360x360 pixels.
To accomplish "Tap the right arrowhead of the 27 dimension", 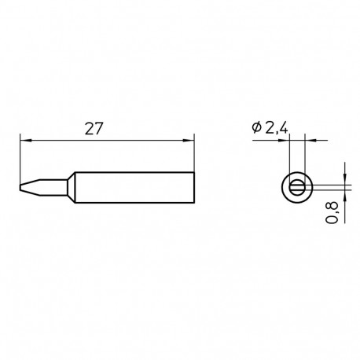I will (x=189, y=140).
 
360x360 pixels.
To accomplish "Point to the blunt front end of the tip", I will (x=20, y=187).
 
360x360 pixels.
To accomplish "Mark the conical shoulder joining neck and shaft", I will (x=72, y=187).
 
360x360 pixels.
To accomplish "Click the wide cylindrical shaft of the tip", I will (x=134, y=187).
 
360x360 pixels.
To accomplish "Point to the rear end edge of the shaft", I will (x=193, y=187).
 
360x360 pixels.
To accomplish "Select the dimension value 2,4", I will (x=275, y=127).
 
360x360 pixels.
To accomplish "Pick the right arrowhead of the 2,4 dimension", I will (x=307, y=140).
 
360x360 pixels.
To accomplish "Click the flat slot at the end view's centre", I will (x=297, y=187).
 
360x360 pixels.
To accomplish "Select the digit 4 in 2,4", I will (x=284, y=127).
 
